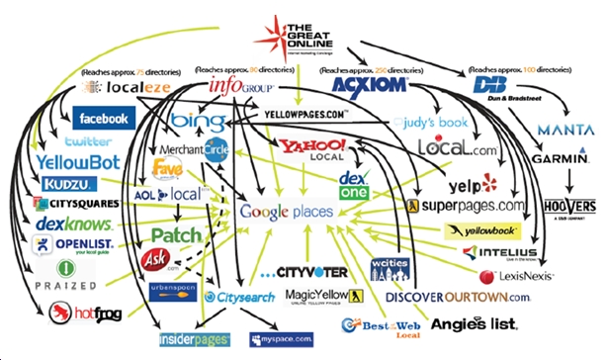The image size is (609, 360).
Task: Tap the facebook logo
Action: click(x=104, y=119)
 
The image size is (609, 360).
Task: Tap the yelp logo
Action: click(x=464, y=184)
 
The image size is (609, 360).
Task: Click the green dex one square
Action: click(x=354, y=186)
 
